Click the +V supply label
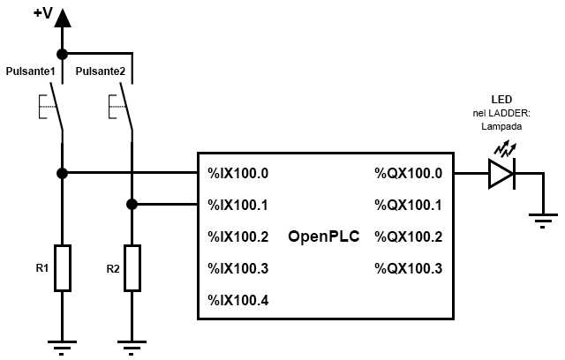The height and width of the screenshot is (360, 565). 41,13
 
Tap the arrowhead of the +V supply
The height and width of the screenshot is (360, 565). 62,18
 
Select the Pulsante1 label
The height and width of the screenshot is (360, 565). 31,71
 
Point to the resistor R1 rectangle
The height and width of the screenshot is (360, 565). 62,267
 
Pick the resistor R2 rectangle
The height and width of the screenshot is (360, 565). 132,267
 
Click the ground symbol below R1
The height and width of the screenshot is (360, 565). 62,346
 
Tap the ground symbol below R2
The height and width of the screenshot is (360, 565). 132,346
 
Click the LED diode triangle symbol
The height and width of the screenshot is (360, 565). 501,173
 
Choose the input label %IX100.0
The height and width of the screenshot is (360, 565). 237,173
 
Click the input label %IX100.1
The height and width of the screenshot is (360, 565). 237,205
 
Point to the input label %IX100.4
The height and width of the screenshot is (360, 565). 237,300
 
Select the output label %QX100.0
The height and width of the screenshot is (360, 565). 408,173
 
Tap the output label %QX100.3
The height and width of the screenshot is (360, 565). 408,268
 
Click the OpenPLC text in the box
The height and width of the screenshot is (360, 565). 323,236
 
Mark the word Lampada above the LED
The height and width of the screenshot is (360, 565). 501,126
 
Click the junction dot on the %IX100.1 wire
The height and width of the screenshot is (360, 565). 132,205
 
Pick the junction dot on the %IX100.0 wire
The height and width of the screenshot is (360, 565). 62,173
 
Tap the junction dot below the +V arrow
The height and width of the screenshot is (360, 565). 62,53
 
